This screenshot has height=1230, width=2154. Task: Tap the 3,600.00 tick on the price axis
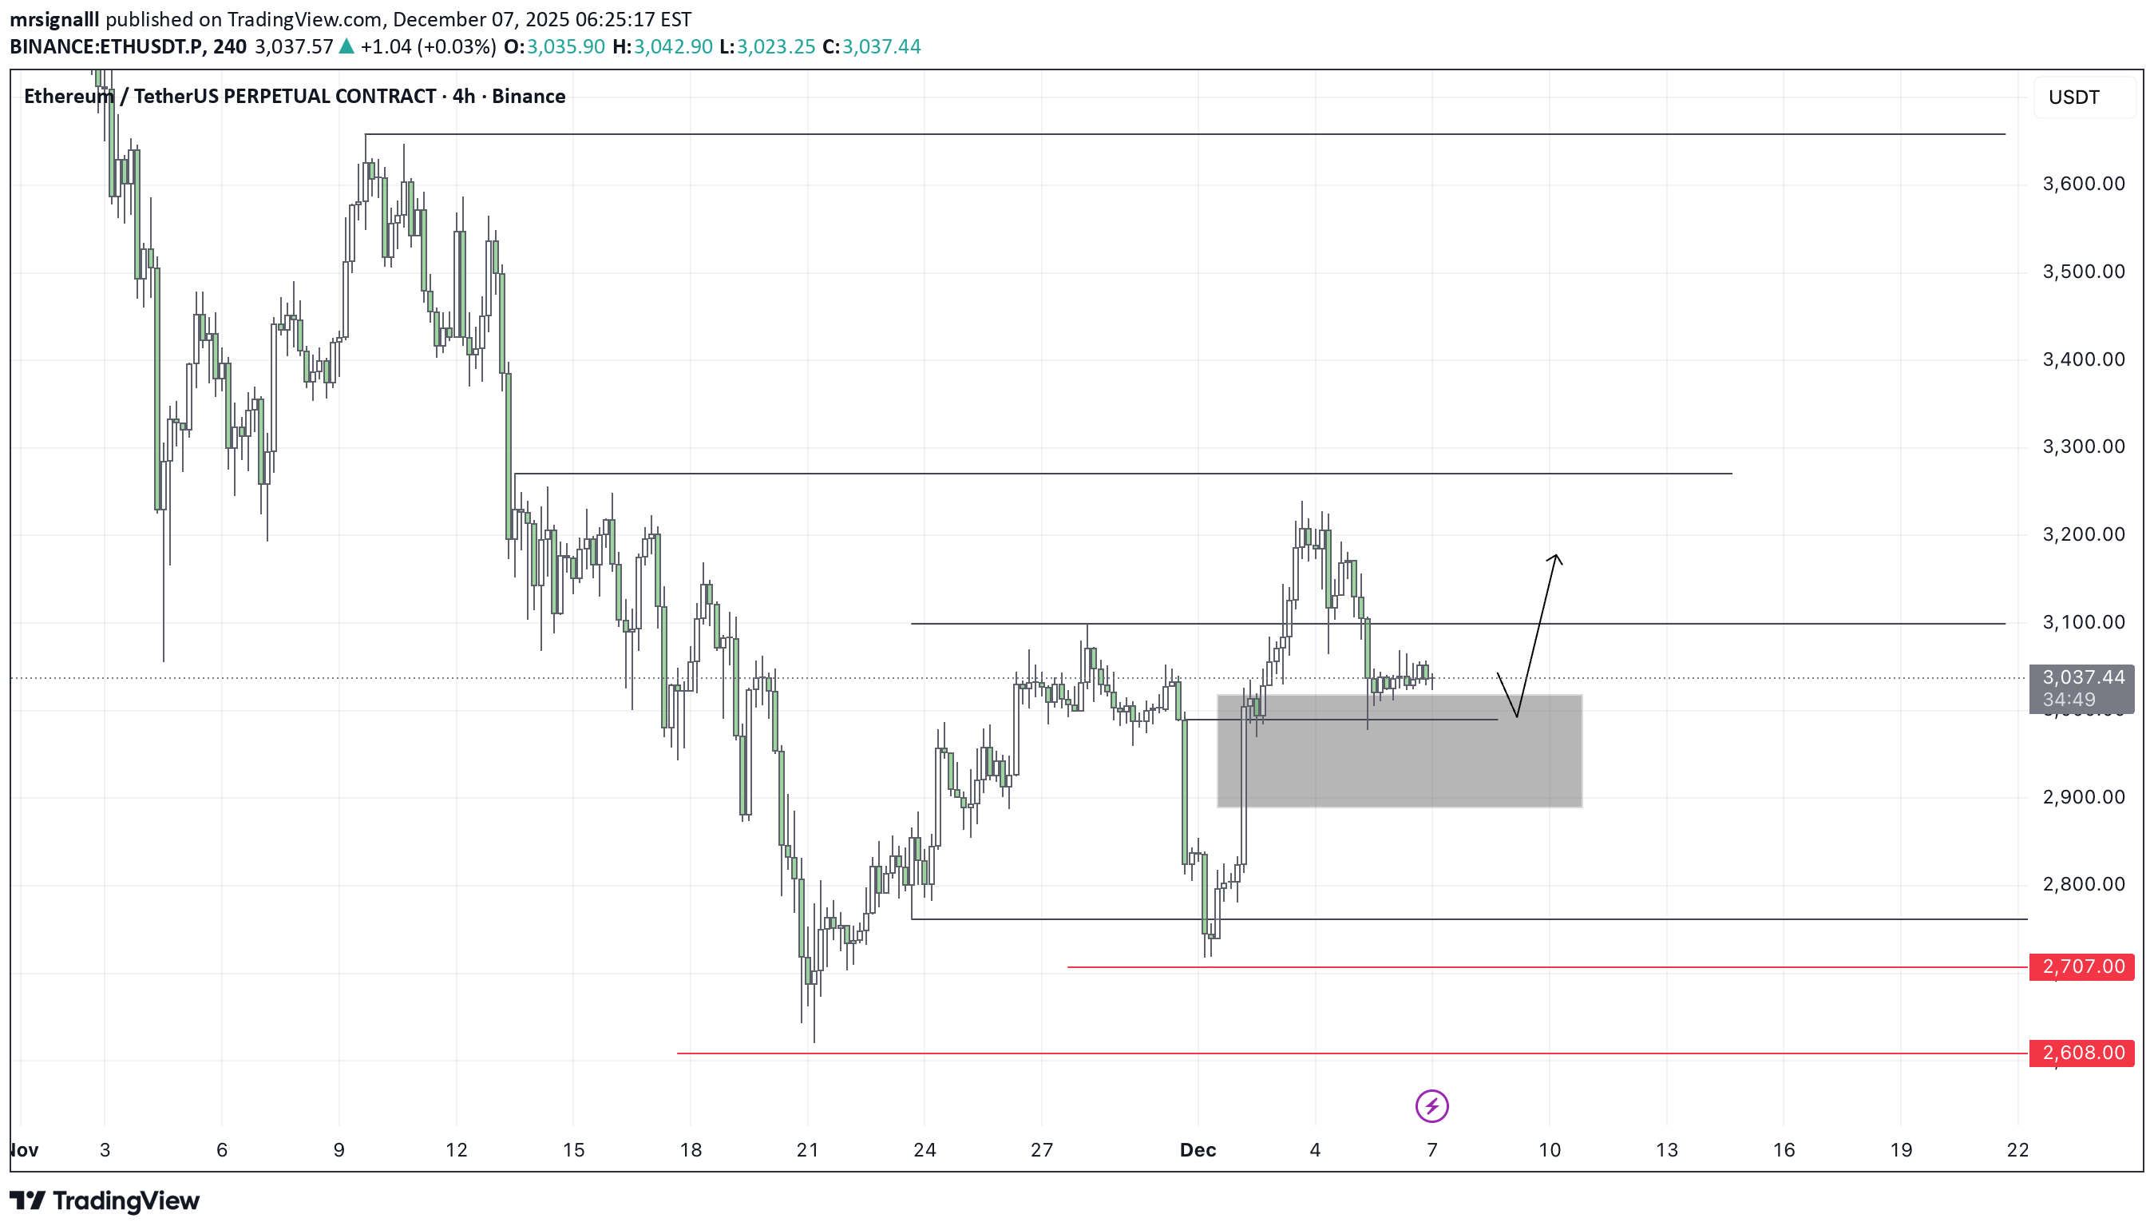tap(2082, 184)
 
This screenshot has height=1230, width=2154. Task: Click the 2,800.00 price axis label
tap(2082, 884)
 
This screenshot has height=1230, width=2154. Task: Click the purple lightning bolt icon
tap(1431, 1106)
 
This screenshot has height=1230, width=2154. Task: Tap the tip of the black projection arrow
tap(1555, 556)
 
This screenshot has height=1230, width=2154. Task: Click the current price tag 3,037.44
tap(2082, 677)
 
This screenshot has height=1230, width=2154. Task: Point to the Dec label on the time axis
tap(1198, 1150)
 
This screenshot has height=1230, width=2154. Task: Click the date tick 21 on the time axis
tap(807, 1150)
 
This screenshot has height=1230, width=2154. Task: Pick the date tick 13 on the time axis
tap(1666, 1150)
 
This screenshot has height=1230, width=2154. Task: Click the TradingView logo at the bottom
tap(105, 1200)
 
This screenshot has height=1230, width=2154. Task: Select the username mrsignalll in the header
tap(54, 19)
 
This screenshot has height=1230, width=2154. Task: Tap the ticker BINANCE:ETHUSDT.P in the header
tap(106, 46)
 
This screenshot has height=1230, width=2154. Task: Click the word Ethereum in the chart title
tap(69, 97)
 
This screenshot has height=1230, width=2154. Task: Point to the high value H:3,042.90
tap(662, 46)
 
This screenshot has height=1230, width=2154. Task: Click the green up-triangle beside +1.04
tap(346, 46)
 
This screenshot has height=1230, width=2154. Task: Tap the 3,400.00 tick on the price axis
tap(2082, 360)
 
